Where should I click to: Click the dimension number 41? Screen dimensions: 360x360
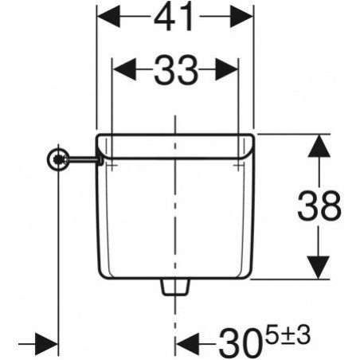174,17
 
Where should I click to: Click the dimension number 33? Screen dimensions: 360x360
176,70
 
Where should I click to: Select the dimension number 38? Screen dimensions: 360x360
319,205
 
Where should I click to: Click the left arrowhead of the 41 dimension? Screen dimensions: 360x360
108,17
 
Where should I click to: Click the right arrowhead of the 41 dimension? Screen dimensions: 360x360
241,17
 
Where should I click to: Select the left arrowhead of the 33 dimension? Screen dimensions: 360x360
125,69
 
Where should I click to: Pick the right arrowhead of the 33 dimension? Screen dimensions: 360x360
226,69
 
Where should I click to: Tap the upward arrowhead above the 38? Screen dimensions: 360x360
319,146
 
